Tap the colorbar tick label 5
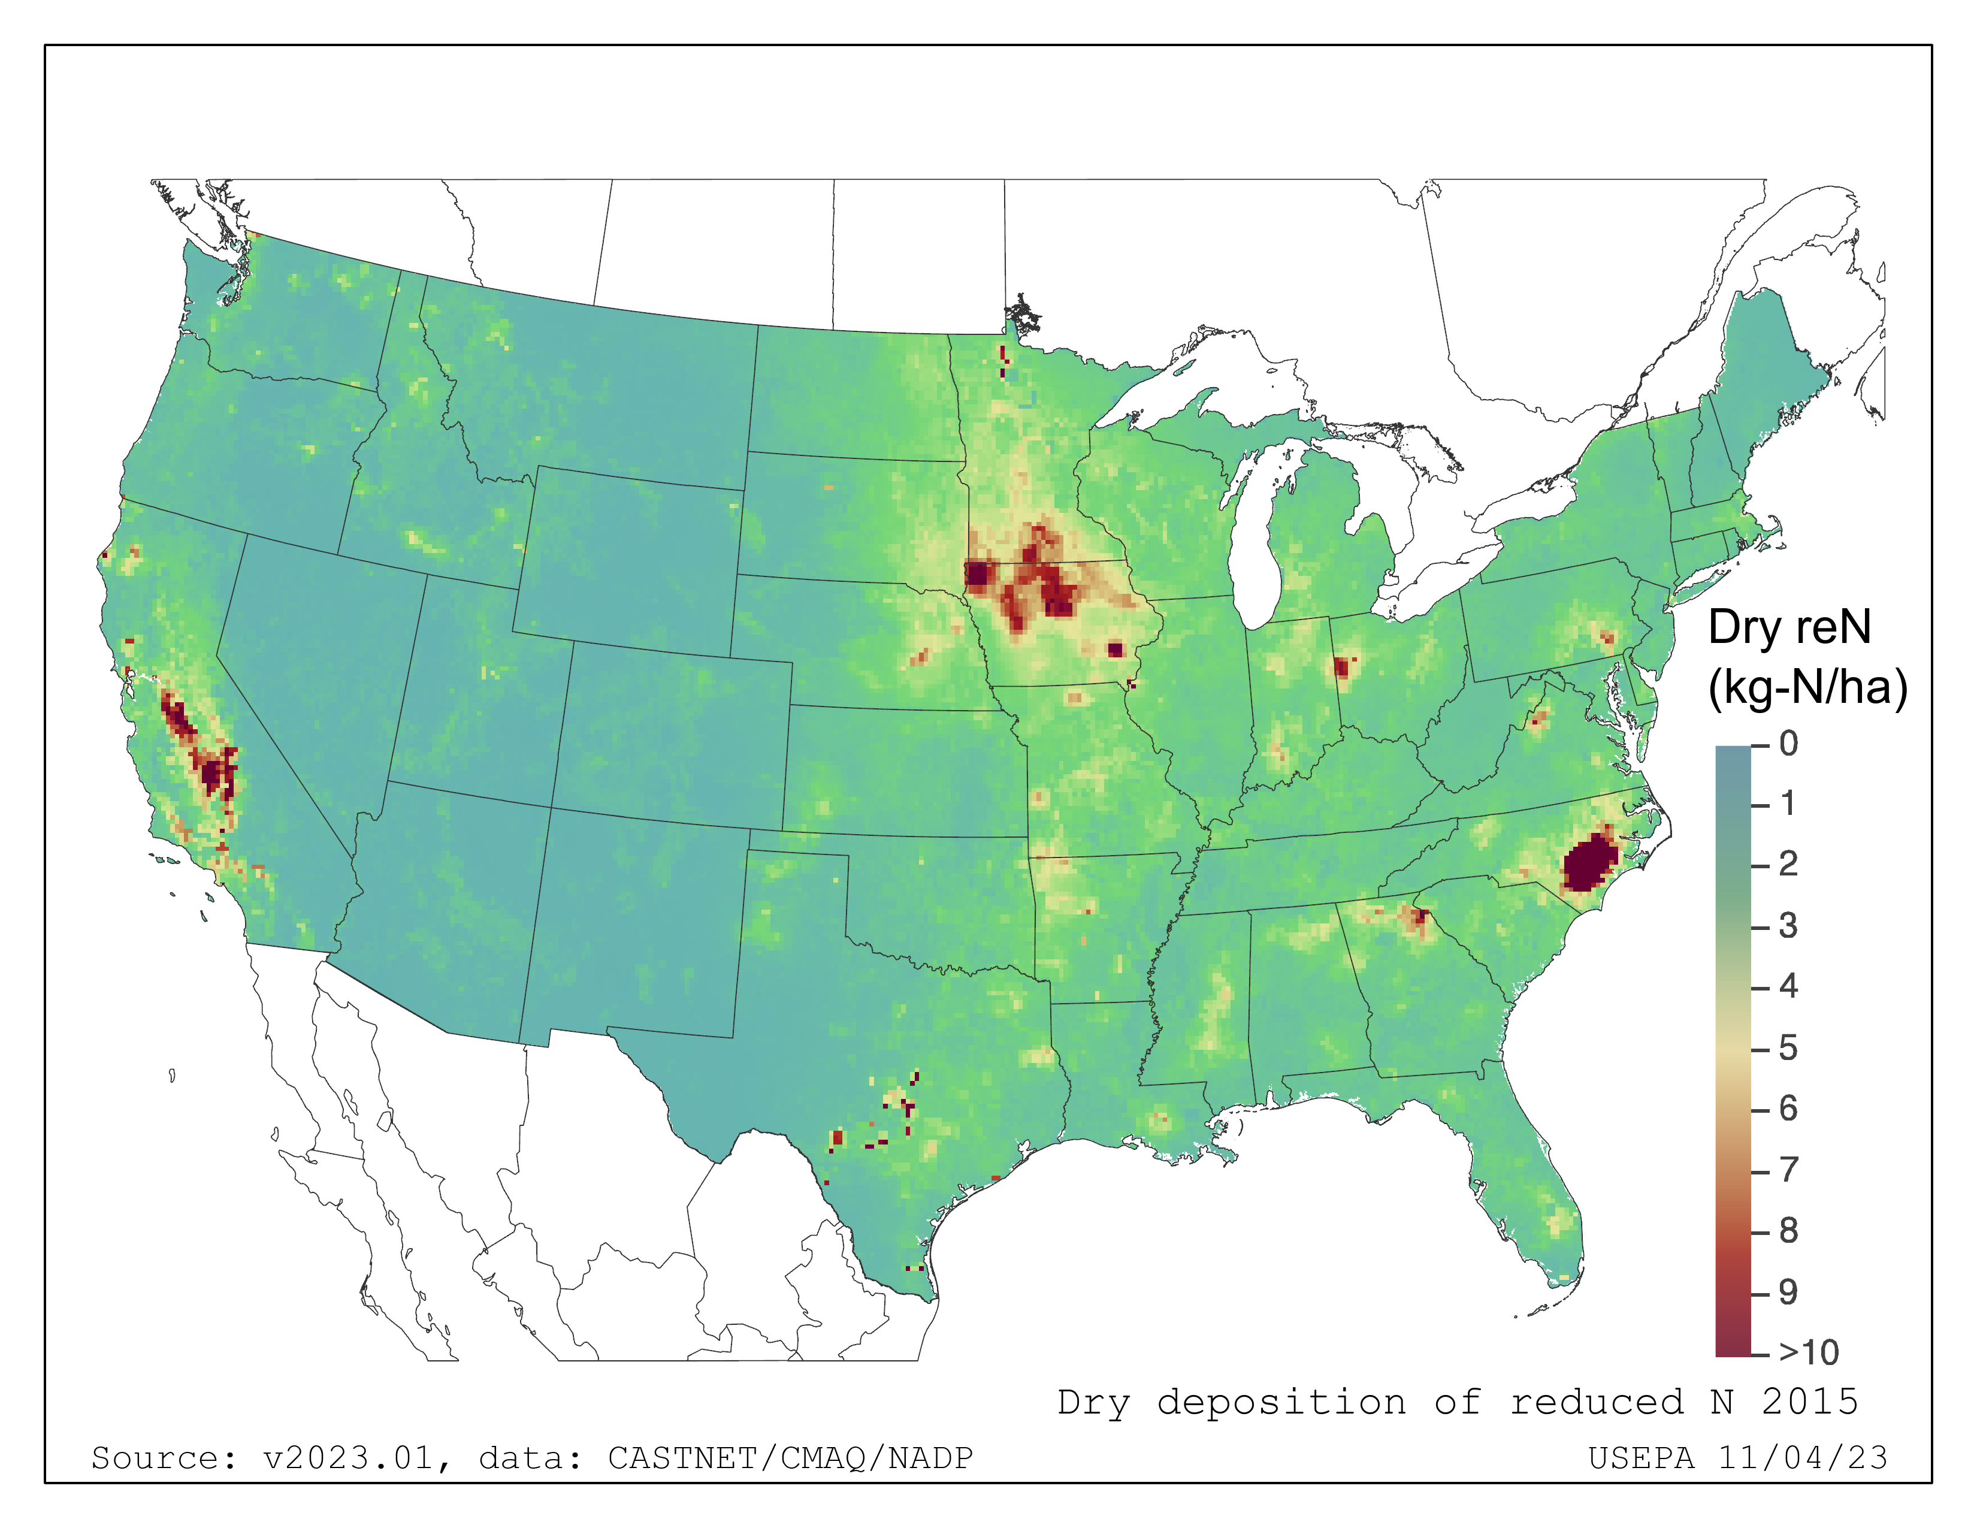[x=1788, y=1048]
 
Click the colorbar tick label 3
[x=1788, y=926]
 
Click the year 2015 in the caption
[x=1809, y=1402]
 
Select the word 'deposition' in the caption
[x=1281, y=1402]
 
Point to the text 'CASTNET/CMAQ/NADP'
[x=790, y=1457]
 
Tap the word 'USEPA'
[x=1641, y=1457]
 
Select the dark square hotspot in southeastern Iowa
[x=1114, y=649]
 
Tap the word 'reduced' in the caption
[x=1597, y=1402]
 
